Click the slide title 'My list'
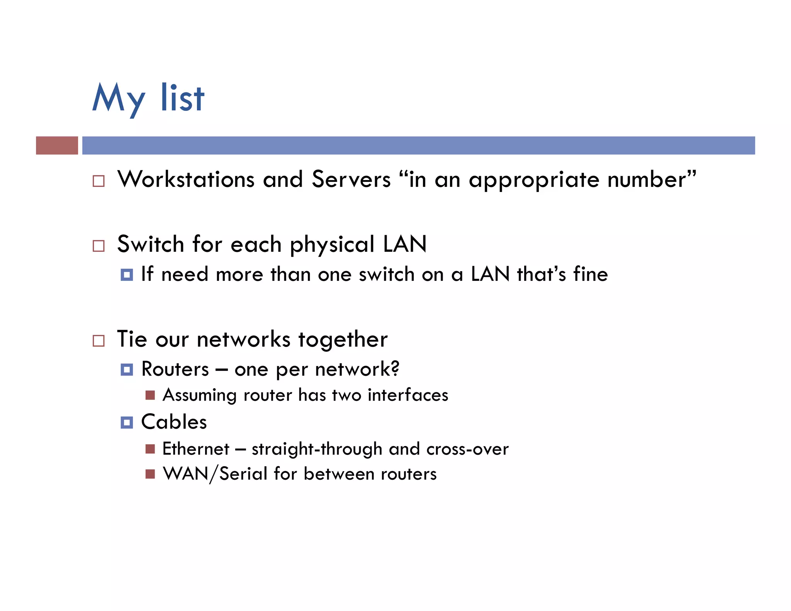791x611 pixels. click(x=148, y=98)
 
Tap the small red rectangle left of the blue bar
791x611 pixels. click(x=57, y=145)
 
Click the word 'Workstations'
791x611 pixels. click(x=186, y=179)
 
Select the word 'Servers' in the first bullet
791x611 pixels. click(x=351, y=179)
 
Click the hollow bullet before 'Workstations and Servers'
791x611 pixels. click(x=98, y=181)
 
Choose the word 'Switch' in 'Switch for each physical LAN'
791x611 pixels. click(x=150, y=244)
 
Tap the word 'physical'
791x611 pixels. click(x=332, y=246)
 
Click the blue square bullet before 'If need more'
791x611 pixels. click(x=127, y=275)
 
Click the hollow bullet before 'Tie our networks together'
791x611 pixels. click(x=98, y=341)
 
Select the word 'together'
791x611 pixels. click(x=343, y=340)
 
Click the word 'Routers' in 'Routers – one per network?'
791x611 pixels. click(x=175, y=369)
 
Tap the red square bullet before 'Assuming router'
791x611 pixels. click(x=150, y=395)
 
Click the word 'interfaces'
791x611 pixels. click(x=408, y=395)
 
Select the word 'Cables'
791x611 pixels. click(x=174, y=422)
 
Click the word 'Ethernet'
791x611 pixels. click(x=196, y=449)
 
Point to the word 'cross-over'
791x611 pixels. click(x=467, y=449)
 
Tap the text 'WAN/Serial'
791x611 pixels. click(x=215, y=474)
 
